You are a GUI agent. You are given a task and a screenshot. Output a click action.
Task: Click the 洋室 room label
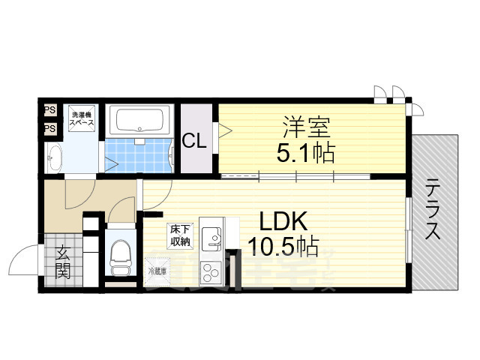tap(303, 127)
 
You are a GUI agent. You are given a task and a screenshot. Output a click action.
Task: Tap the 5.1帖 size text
tap(303, 154)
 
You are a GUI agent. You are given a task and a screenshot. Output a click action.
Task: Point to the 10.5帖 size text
tap(283, 246)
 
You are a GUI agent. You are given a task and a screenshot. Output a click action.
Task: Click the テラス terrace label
tap(433, 209)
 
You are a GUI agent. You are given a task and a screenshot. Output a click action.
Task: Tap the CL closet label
tap(196, 140)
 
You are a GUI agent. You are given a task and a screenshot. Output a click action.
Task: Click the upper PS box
tap(50, 110)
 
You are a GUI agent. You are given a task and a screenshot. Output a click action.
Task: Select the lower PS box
tap(50, 128)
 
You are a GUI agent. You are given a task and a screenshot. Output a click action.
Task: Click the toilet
tap(119, 257)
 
